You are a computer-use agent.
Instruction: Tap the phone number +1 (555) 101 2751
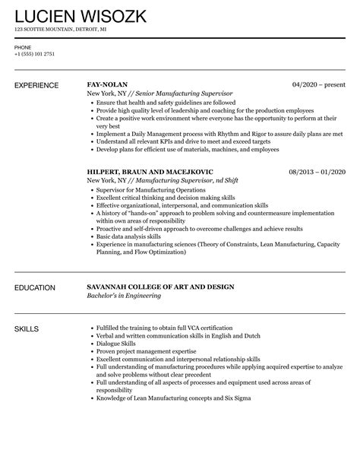coord(35,54)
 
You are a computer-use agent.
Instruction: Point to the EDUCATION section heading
coord(35,287)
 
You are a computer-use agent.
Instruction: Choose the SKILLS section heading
coord(27,328)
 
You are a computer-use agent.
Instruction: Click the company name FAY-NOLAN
coord(107,84)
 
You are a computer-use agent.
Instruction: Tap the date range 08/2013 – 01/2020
coord(317,173)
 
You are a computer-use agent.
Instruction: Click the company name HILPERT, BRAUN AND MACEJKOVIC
coord(150,173)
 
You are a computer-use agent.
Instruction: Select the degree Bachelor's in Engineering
coord(124,295)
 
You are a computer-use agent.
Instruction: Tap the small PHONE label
coord(22,46)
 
